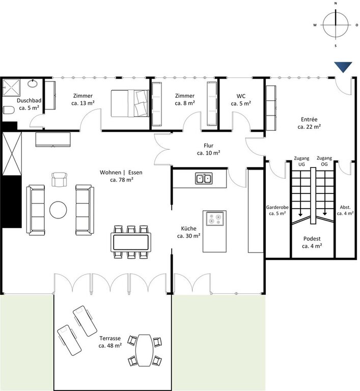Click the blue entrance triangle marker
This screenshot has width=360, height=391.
(x=343, y=66)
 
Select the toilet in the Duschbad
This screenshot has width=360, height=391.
(x=9, y=110)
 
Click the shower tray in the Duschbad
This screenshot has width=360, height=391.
(x=11, y=88)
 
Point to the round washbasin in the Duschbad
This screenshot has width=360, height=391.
(x=33, y=83)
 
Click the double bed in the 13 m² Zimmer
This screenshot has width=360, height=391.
(x=130, y=103)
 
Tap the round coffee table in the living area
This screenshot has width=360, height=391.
(x=58, y=210)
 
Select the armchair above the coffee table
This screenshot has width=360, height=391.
(x=60, y=179)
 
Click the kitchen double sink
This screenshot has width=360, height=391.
(x=204, y=178)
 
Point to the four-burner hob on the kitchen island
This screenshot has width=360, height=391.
(x=215, y=218)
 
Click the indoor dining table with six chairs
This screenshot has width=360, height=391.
(x=131, y=242)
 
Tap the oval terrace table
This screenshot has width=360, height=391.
(x=145, y=350)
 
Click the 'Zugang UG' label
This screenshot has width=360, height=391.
(x=301, y=161)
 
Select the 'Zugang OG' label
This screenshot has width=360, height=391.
(x=324, y=161)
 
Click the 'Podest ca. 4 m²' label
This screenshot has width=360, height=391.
(x=312, y=242)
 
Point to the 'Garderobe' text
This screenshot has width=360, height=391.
(x=278, y=207)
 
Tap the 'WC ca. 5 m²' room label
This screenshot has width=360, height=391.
(x=241, y=100)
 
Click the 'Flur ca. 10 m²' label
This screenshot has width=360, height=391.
(x=209, y=149)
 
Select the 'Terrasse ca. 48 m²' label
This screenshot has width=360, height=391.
(x=110, y=342)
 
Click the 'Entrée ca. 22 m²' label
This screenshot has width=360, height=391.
(x=309, y=123)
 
